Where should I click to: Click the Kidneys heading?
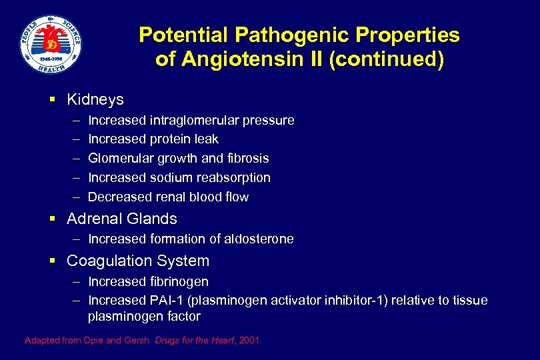[x=95, y=99]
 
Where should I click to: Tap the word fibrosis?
[x=247, y=159]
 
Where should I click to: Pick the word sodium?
[x=169, y=178]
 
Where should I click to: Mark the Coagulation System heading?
[x=138, y=261]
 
